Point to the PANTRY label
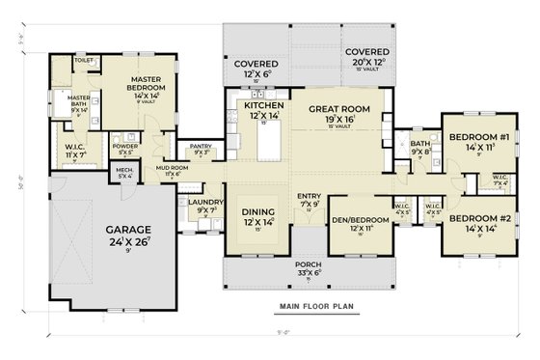point(202,147)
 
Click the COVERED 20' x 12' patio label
point(366,52)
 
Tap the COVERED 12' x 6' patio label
point(256,64)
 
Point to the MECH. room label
point(125,171)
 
